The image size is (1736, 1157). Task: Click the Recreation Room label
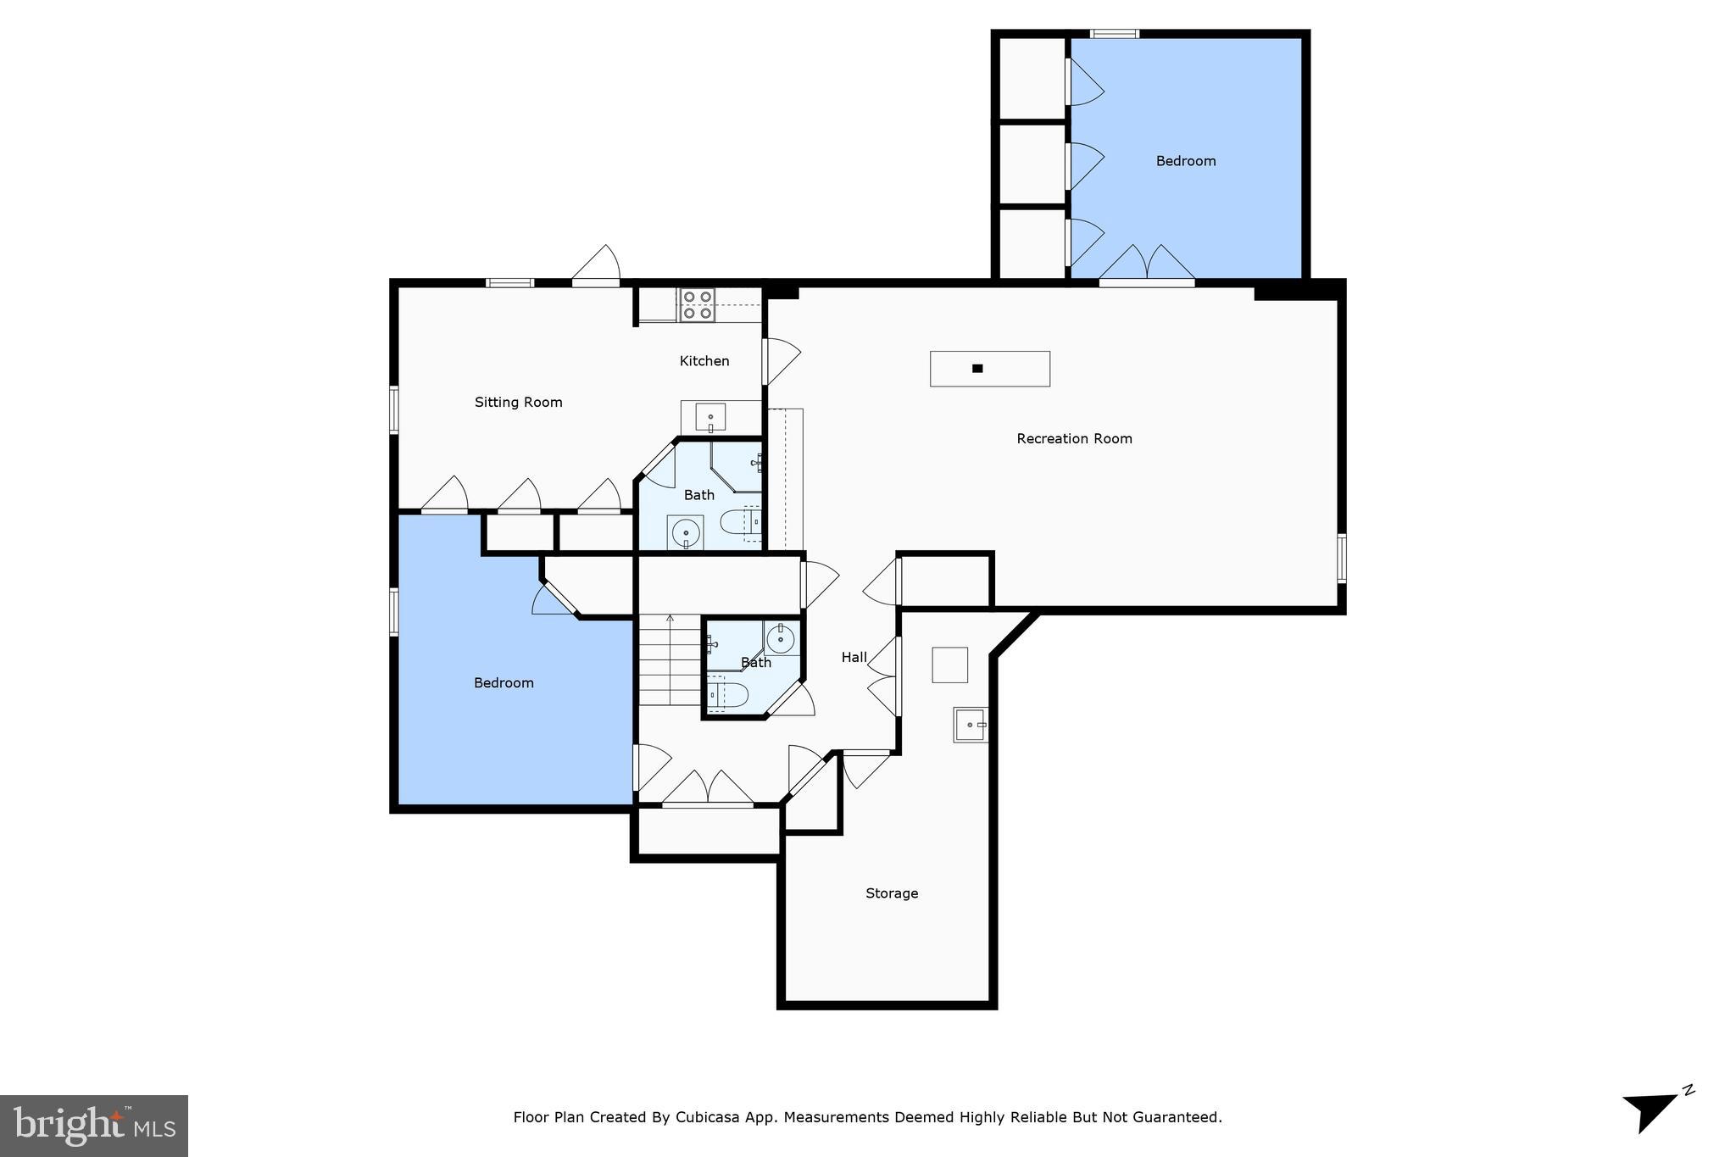[1074, 438]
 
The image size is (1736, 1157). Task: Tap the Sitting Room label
[518, 402]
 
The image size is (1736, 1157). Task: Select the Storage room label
[891, 893]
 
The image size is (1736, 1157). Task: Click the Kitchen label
[704, 360]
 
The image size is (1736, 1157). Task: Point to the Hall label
[854, 657]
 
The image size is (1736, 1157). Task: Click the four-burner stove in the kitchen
[697, 305]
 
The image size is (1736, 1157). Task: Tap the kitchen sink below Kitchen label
[710, 417]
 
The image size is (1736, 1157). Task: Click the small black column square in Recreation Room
[977, 368]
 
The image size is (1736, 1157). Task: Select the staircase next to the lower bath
[670, 661]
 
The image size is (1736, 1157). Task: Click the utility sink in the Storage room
[970, 725]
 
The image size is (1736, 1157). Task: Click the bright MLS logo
[94, 1126]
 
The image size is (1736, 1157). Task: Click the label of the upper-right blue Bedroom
[1185, 160]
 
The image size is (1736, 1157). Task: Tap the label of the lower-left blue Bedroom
[504, 682]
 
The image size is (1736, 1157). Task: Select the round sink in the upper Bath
[685, 533]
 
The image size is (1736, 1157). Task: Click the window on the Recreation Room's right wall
[1341, 558]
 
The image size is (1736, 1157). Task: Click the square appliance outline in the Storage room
[949, 665]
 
